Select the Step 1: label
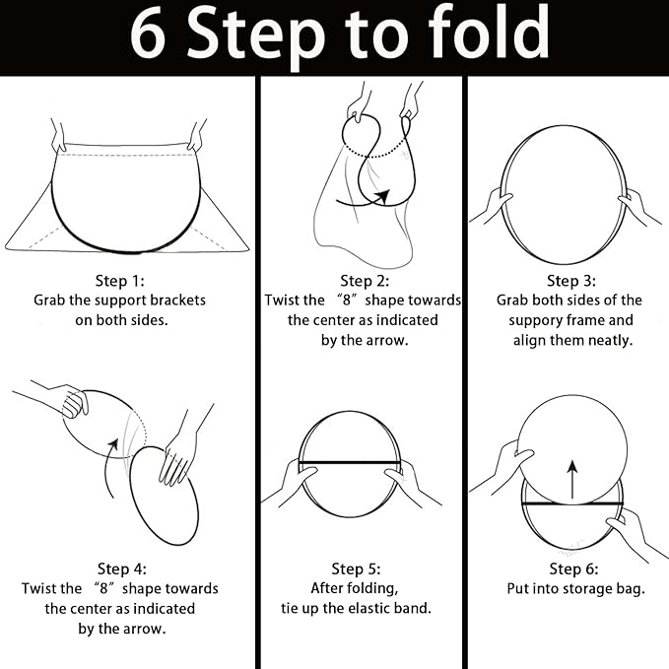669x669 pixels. [120, 281]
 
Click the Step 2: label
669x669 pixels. [365, 281]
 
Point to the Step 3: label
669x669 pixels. [571, 281]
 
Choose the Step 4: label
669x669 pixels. [122, 569]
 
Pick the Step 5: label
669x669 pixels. [356, 569]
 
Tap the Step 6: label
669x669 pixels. [573, 569]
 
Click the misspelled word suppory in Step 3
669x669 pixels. [534, 321]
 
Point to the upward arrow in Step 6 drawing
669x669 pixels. [572, 480]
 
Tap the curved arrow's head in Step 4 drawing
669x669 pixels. [113, 444]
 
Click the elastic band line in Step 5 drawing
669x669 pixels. [350, 462]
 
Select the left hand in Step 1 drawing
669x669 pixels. [58, 136]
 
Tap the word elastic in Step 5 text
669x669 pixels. [368, 608]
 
